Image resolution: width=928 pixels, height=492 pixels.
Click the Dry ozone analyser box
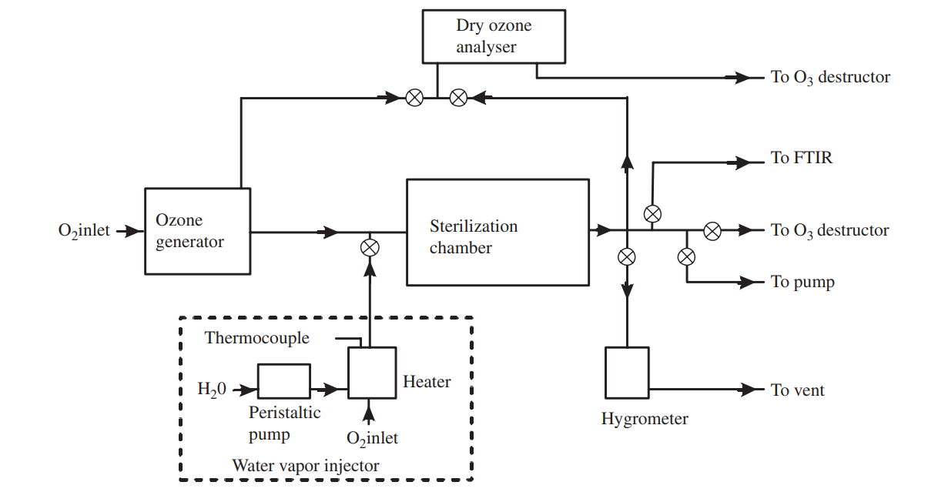(492, 37)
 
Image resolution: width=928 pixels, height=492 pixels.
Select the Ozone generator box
(197, 230)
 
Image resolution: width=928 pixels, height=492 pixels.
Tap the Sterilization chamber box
(498, 232)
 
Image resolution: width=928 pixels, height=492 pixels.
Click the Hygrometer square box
(627, 373)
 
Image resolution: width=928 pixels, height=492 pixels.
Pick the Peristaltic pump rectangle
(283, 381)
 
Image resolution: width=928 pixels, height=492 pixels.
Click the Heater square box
(371, 373)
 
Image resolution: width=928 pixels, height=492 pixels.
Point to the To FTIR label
(801, 159)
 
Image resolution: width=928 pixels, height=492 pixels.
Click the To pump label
(802, 282)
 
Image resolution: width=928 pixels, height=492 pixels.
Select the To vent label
(797, 390)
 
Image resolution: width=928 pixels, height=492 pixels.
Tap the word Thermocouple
(257, 338)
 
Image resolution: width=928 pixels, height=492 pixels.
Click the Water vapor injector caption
(306, 465)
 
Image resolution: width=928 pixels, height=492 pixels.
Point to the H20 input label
(212, 390)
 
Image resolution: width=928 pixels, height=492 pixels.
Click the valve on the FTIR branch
(652, 213)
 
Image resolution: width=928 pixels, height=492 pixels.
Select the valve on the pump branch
(686, 256)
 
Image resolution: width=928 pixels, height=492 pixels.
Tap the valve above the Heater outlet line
(370, 247)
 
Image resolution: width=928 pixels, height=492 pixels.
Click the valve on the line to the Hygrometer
(627, 256)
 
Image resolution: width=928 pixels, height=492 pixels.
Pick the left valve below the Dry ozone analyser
(414, 98)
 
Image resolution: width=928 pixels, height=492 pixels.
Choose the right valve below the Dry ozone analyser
(458, 98)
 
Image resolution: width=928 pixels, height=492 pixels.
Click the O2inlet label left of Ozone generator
(84, 230)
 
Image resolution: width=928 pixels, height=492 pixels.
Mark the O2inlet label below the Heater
(372, 438)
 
